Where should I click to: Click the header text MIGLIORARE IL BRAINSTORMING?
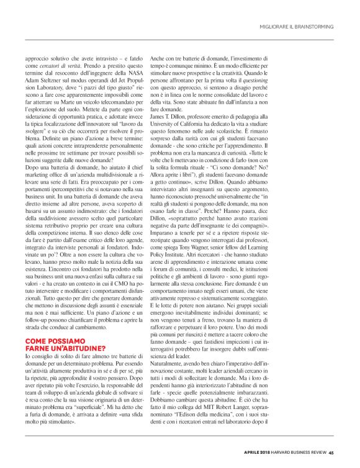297,27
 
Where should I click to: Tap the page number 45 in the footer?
331,451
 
